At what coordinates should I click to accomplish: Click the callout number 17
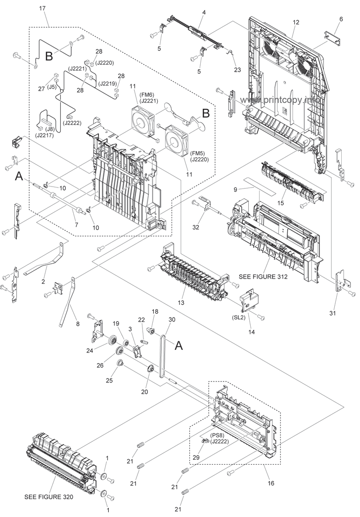(x=42, y=8)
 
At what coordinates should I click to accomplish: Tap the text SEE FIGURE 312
(x=263, y=277)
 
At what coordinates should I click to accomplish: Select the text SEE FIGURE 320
(x=49, y=497)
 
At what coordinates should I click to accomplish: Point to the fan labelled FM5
(x=178, y=138)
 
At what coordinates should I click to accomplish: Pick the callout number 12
(x=296, y=22)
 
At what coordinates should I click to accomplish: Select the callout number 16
(x=270, y=483)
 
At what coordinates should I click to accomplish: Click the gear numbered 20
(x=151, y=369)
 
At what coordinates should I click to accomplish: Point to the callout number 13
(x=180, y=302)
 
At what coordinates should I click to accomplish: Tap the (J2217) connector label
(x=45, y=135)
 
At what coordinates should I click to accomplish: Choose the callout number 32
(x=196, y=227)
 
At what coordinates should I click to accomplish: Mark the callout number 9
(x=235, y=189)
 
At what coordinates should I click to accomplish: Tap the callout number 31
(x=333, y=313)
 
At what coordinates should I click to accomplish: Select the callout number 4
(x=204, y=12)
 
